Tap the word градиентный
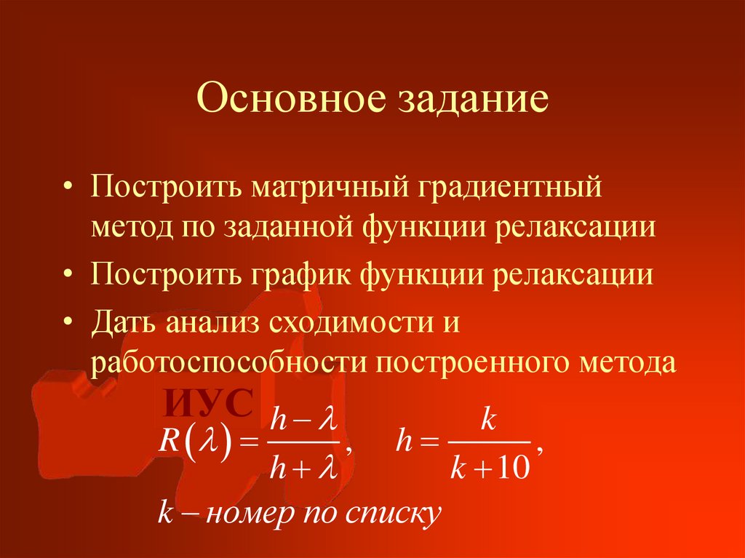tap(510, 189)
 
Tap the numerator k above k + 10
tap(488, 421)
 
